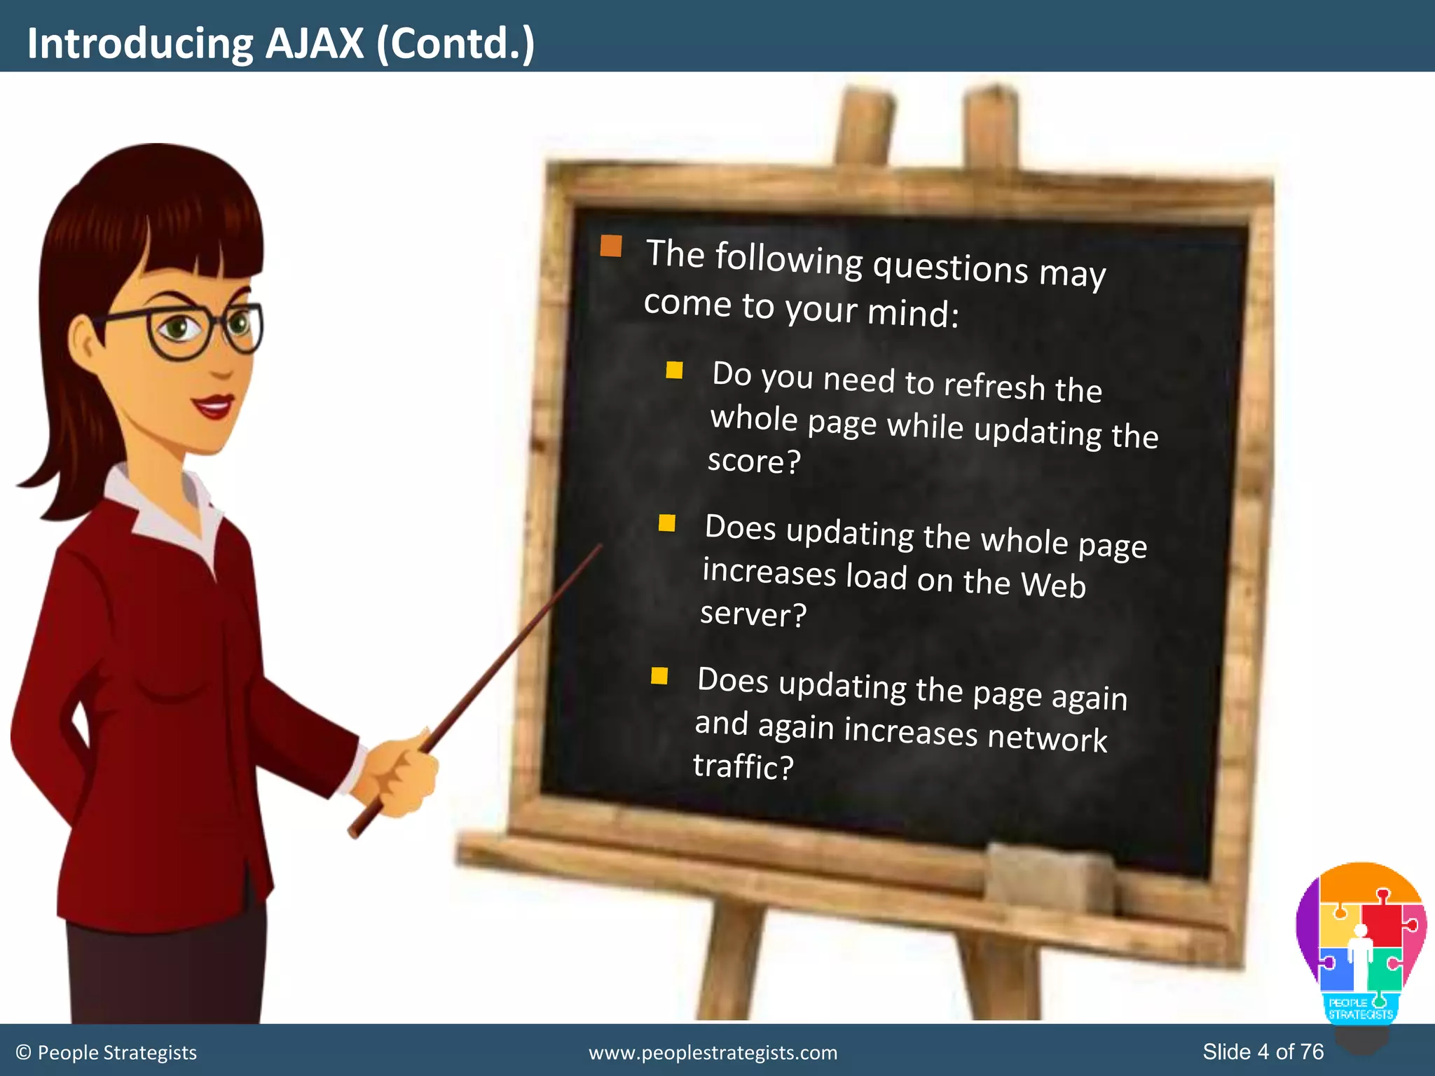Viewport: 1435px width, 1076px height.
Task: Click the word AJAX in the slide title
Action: (x=315, y=43)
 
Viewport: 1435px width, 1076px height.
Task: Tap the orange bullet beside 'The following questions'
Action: (x=611, y=246)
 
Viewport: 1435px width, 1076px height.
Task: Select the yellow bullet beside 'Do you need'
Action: (x=674, y=370)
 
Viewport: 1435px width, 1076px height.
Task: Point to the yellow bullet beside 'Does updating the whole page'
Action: (x=666, y=523)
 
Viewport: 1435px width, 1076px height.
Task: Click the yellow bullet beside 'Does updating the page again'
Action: (x=659, y=675)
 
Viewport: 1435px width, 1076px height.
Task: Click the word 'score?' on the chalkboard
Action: (x=754, y=462)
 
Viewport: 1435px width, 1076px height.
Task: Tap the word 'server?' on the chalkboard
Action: (x=753, y=614)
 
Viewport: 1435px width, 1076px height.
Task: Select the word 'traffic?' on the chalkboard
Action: (x=743, y=766)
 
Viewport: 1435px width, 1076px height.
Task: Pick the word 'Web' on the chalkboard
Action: (x=1052, y=584)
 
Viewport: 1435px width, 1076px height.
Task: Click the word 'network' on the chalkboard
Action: (x=1047, y=738)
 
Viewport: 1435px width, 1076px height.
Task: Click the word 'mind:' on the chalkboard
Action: (x=913, y=313)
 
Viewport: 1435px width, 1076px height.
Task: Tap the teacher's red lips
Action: (x=214, y=406)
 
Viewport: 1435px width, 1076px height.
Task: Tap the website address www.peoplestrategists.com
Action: (x=713, y=1053)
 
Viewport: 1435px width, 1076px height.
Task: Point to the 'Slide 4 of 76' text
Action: (x=1263, y=1051)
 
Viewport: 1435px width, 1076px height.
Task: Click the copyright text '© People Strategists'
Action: (x=107, y=1053)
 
